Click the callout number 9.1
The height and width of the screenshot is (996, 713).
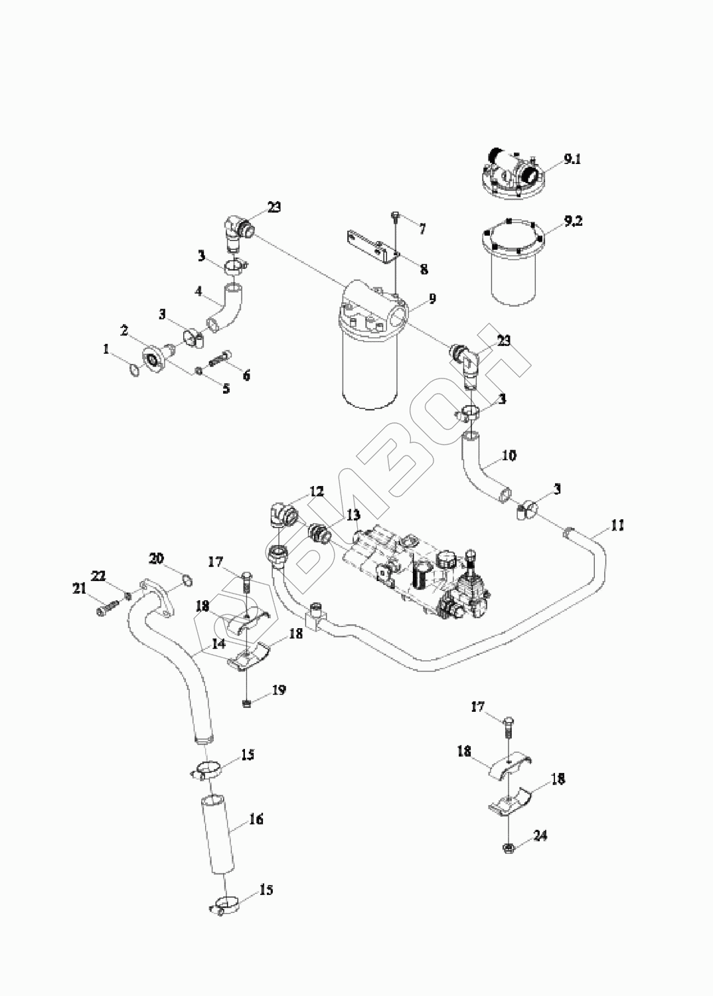click(x=572, y=159)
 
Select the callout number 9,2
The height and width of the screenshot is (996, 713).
click(x=573, y=222)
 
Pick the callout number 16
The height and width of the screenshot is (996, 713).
click(x=256, y=819)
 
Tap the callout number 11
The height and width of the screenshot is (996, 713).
click(x=617, y=525)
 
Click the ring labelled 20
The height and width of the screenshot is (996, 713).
click(x=187, y=582)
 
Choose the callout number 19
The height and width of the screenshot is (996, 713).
click(x=278, y=691)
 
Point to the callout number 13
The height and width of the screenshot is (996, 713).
click(x=353, y=515)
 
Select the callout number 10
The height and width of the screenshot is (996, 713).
click(x=509, y=456)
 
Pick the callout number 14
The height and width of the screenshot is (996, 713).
click(x=219, y=643)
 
